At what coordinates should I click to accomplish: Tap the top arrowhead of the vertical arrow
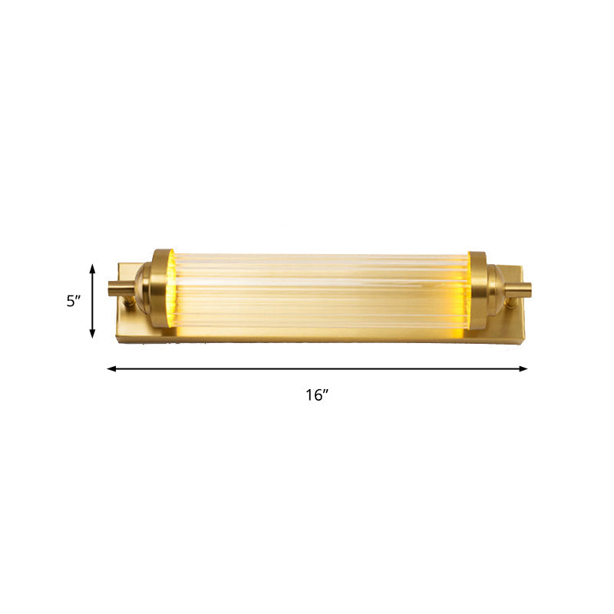pos(93,267)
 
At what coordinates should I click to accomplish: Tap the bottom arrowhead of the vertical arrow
pos(93,334)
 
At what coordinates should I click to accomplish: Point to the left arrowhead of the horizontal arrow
pos(111,369)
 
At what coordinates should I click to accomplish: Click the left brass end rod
pos(120,289)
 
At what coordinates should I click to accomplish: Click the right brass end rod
pos(519,291)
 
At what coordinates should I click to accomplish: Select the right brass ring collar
pos(477,292)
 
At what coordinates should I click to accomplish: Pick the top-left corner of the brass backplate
pos(118,264)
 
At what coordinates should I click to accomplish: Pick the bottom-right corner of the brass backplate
pos(523,343)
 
